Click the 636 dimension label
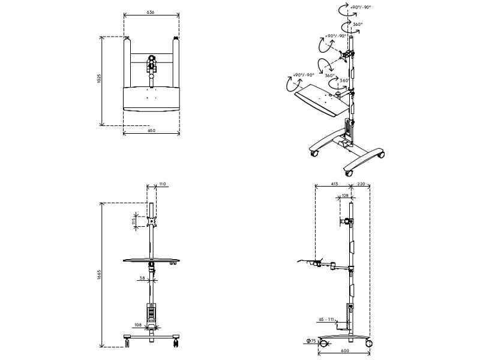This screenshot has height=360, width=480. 151,12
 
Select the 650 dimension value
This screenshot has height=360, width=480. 152,130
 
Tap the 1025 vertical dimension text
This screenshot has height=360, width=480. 98,79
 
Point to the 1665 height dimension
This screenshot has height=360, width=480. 99,275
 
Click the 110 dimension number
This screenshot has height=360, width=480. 162,184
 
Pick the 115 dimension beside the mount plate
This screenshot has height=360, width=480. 134,221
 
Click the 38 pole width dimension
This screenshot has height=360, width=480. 142,278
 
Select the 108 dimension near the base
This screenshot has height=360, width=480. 138,325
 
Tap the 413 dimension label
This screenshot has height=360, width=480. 334,184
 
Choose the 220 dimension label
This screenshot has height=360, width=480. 361,184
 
